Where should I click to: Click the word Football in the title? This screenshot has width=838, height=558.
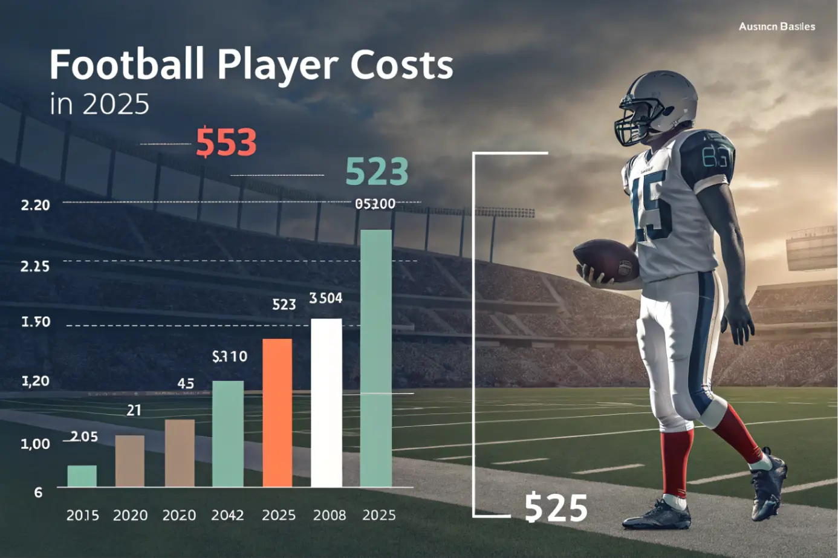click(126, 65)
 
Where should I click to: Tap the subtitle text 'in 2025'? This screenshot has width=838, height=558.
click(99, 104)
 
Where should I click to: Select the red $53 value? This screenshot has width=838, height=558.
click(226, 143)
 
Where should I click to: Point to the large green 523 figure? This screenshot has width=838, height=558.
click(377, 172)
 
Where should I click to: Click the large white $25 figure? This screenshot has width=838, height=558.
click(556, 508)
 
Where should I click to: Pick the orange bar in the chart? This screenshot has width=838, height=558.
click(278, 412)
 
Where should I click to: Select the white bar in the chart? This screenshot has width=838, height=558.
click(326, 402)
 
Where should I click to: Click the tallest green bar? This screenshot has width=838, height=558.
click(376, 358)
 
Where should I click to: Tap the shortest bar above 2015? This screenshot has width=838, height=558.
click(82, 476)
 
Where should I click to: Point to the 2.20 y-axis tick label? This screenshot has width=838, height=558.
click(35, 205)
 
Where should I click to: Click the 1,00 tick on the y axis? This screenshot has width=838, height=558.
click(35, 444)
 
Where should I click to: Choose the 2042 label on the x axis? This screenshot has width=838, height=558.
click(227, 515)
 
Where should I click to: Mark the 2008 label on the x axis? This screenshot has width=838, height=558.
click(330, 515)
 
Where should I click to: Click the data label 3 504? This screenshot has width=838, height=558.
click(326, 298)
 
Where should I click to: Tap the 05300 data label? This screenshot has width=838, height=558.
click(375, 204)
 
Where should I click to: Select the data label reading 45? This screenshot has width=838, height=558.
click(186, 383)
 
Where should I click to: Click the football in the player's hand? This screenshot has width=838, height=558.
click(605, 261)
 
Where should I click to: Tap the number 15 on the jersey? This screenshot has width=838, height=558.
click(651, 205)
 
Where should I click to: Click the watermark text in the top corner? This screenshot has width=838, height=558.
click(776, 27)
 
